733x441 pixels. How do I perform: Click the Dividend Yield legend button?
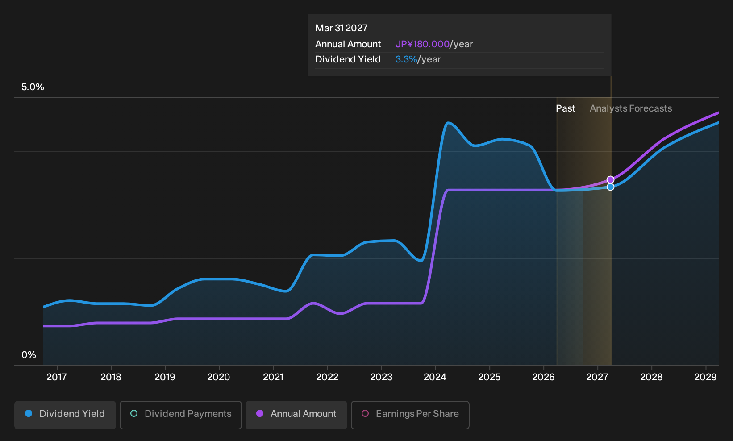65,415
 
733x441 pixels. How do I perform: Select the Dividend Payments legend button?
181,415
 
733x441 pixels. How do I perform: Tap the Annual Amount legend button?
296,415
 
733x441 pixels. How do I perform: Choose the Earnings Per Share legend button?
410,415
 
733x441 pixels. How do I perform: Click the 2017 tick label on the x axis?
57,377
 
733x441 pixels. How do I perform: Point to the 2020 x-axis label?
219,377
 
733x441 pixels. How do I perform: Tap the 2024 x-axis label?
435,377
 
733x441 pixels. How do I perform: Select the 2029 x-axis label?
705,377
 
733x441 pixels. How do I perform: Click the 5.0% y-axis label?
33,87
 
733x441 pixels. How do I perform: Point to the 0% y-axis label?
29,355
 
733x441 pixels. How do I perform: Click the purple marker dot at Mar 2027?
610,179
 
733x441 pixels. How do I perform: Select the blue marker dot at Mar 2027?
610,187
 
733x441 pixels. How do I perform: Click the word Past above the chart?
566,108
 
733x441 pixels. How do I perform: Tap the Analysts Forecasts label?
631,108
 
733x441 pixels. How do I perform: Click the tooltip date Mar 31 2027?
342,28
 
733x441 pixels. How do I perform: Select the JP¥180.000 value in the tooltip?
422,44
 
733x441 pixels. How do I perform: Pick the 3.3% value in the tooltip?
406,59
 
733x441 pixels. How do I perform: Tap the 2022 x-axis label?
327,377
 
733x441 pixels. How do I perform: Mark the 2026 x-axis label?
543,377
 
